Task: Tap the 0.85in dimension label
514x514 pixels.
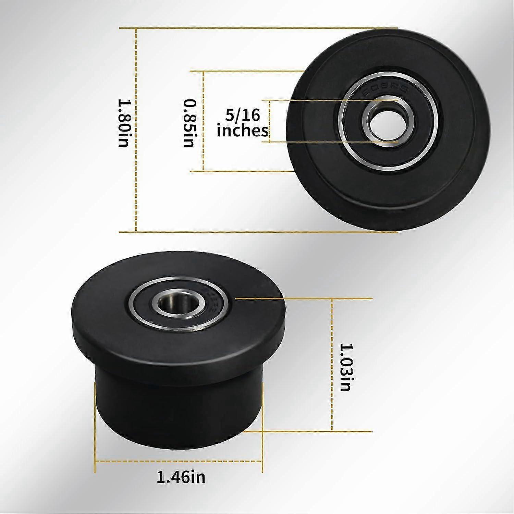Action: [189, 123]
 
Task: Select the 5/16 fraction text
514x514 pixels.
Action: [243, 115]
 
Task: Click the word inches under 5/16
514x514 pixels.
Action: [243, 131]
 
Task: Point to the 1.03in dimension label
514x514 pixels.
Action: [345, 367]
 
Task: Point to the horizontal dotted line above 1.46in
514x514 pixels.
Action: [178, 462]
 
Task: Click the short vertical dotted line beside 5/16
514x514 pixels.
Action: [270, 121]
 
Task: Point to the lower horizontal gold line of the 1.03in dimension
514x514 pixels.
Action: [308, 431]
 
